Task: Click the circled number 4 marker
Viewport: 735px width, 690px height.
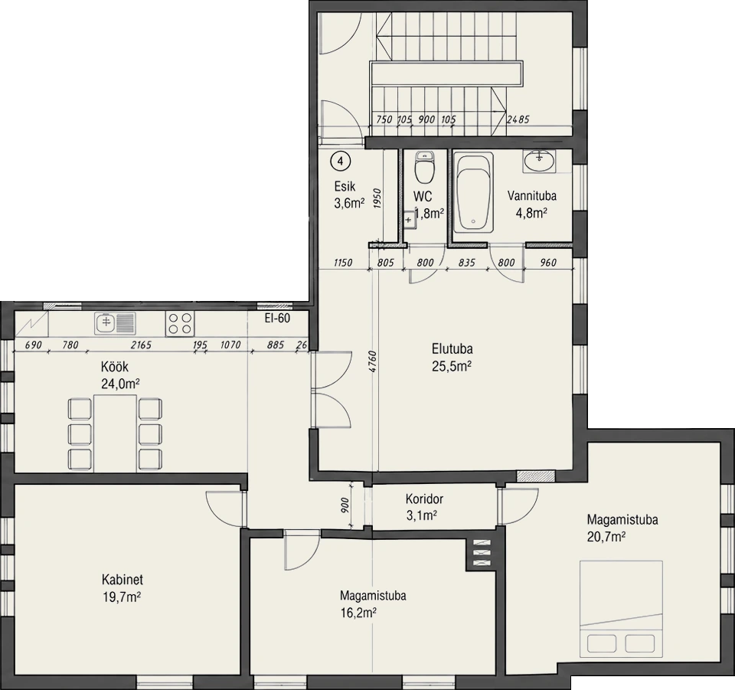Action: (x=341, y=162)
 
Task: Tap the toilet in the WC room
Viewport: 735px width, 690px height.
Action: (x=425, y=168)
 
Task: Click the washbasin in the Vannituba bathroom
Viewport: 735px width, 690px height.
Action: (x=539, y=162)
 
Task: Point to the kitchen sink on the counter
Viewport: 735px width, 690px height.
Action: (x=115, y=323)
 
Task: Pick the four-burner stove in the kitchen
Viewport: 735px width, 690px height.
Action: (x=180, y=323)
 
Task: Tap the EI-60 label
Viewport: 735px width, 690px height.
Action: (x=277, y=318)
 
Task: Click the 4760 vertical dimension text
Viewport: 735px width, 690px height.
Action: (x=373, y=361)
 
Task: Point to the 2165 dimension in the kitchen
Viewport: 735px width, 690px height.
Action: (x=141, y=345)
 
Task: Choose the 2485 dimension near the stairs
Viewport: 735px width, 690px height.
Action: (x=518, y=119)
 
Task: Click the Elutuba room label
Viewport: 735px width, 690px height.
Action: (x=452, y=348)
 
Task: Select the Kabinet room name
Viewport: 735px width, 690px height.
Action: (x=122, y=580)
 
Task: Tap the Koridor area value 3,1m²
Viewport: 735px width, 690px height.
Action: (x=421, y=516)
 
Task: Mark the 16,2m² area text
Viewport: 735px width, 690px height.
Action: (x=359, y=613)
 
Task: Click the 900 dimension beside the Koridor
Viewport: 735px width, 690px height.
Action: (x=345, y=505)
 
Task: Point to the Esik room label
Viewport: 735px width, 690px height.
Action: (x=345, y=187)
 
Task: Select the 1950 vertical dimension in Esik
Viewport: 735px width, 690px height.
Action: (x=378, y=198)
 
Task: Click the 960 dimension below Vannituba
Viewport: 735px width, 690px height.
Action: (x=548, y=263)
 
